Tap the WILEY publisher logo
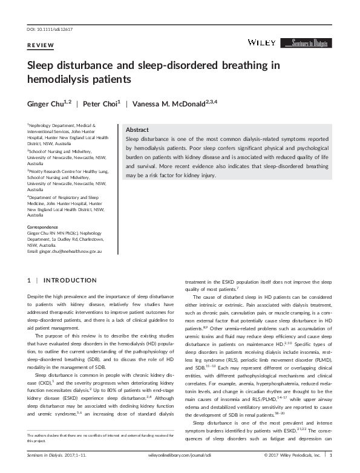[x=261, y=42]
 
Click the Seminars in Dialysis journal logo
[x=310, y=43]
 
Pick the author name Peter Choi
[x=102, y=103]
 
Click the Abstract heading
[x=137, y=130]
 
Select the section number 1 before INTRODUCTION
[x=30, y=281]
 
